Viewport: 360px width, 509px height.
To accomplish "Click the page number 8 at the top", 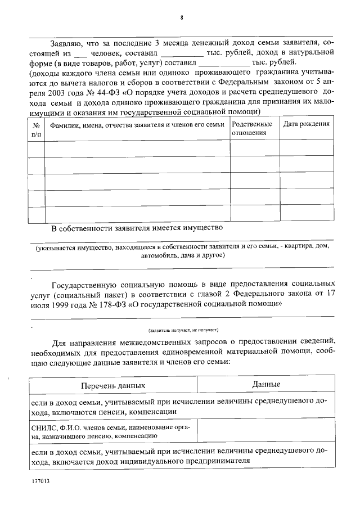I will pos(181,17).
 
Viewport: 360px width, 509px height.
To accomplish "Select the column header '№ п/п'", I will pos(37,129).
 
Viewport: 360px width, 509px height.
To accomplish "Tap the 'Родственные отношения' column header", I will pos(252,129).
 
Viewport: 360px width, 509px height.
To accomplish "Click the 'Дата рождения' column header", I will pos(306,124).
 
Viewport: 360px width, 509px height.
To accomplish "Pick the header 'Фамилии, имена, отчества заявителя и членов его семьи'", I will pos(137,124).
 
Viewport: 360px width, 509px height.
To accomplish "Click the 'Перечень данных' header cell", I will pos(112,385).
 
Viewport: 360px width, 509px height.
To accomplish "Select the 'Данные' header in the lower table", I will pos(266,384).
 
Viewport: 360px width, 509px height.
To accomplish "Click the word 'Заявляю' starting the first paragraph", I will pos(67,42).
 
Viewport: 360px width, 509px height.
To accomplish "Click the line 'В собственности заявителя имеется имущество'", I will pos(137,228).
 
